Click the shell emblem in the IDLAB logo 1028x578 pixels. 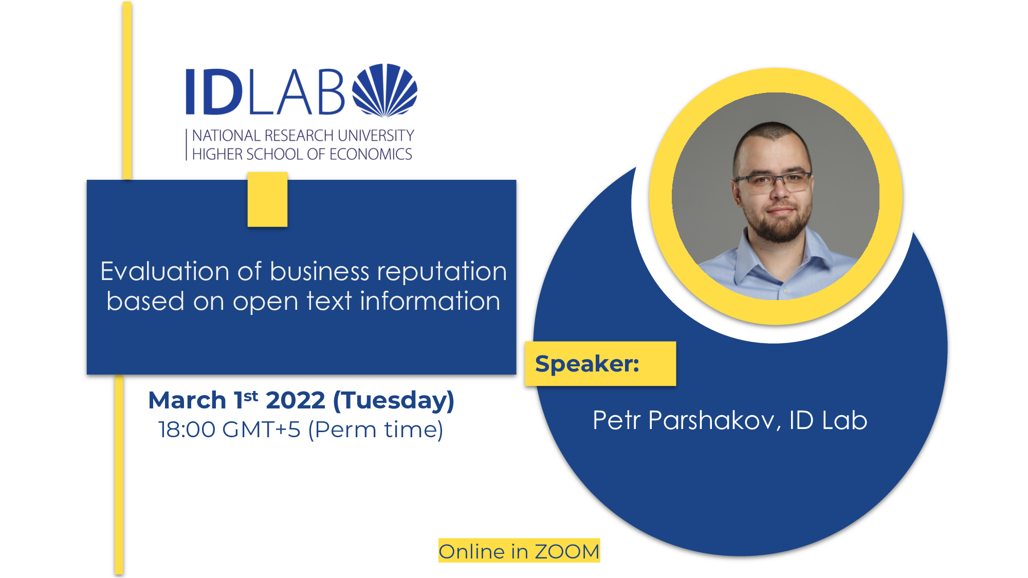tap(385, 90)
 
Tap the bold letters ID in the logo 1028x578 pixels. tap(214, 91)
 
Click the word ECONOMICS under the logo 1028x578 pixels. tap(371, 154)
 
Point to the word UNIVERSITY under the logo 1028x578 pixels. tap(376, 136)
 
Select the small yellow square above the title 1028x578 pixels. tap(267, 199)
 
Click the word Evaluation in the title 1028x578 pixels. tap(164, 271)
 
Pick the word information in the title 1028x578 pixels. tap(430, 301)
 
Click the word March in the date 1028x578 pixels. tap(187, 400)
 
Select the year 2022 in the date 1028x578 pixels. tap(296, 400)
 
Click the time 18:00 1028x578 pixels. tap(187, 430)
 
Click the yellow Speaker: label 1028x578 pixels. tap(600, 364)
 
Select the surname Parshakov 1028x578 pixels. tap(712, 421)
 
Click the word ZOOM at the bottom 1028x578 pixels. tap(567, 552)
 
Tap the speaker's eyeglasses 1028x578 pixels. tap(773, 182)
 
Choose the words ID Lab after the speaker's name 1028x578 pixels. tap(828, 420)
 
